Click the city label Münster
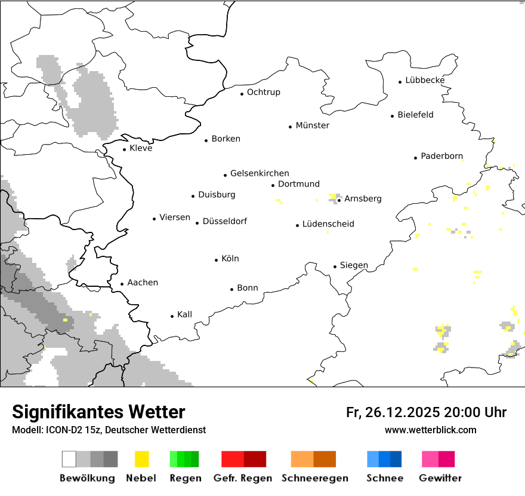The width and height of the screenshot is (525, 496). pos(312,125)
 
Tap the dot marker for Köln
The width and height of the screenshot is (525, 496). pos(217,260)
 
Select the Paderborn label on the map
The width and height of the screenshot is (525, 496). pos(441,157)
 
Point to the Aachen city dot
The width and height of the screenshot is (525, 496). pos(122,284)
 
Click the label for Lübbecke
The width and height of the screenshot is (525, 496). pos(425,80)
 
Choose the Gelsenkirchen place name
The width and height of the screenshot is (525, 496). pos(260,173)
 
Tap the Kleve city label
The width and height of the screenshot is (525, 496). pos(141,148)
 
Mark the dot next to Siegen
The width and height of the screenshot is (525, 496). pos(335,267)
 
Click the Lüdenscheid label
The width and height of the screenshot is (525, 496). pos(328,224)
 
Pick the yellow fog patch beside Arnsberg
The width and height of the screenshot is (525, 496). pos(332,196)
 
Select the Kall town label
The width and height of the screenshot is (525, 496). pos(184,314)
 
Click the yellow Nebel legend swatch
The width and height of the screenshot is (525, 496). pos(142,459)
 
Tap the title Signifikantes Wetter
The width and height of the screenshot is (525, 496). pos(98,412)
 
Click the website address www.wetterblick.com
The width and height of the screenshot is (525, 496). pos(430,430)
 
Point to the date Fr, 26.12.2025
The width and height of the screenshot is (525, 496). pos(393,412)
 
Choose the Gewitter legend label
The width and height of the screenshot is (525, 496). pos(440,478)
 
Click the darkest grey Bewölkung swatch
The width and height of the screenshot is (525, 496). pos(110,459)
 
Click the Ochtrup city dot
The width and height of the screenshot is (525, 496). pos(242,93)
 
